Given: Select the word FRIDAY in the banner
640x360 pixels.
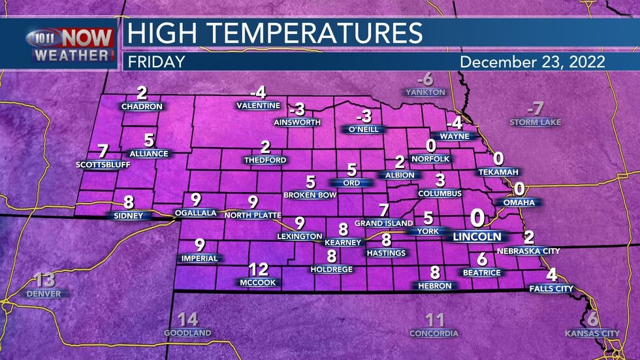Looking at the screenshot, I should [x=156, y=62].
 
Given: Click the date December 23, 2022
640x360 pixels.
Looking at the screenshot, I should [x=532, y=62].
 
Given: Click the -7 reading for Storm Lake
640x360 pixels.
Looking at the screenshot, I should [x=536, y=108].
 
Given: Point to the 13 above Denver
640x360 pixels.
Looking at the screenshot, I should [x=44, y=280].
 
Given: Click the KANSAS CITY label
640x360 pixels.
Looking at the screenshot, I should [x=592, y=334].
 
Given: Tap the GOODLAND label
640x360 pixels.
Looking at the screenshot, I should [x=187, y=333].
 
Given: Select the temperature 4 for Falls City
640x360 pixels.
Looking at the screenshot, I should [x=552, y=274].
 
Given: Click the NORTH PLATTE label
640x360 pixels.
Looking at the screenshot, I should [x=252, y=215].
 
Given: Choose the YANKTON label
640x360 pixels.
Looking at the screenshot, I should [x=425, y=92].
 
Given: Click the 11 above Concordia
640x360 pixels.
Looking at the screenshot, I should [x=434, y=320].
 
